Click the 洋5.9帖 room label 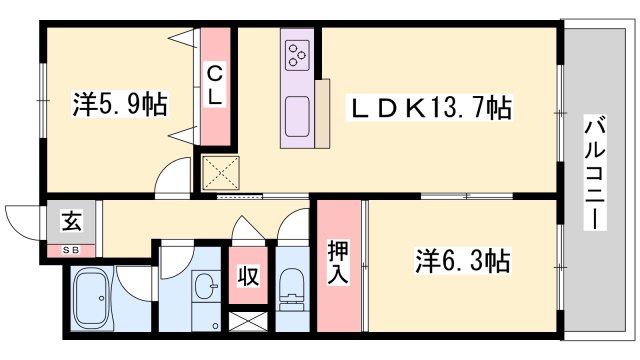point(119,102)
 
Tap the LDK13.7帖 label point(429,107)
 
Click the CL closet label point(214,84)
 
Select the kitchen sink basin point(297,118)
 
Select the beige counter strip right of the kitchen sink point(322,112)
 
